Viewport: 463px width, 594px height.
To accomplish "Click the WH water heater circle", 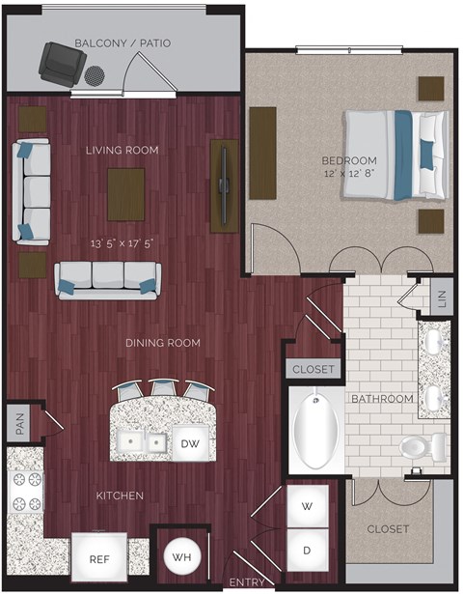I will pos(181,556).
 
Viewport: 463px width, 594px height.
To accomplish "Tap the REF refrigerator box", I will pos(99,558).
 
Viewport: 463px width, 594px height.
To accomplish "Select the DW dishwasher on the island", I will pos(189,442).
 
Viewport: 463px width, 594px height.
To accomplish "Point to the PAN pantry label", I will pos(18,422).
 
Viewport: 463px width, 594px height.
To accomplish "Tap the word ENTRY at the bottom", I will pos(248,582).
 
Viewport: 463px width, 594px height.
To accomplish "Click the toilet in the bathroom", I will pos(423,446).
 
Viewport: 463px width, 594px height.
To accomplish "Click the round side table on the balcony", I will pos(95,74).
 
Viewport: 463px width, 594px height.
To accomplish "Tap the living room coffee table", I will pos(126,193).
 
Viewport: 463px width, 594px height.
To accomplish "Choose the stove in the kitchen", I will pos(26,492).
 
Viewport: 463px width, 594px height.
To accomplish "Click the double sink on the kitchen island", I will pos(141,442).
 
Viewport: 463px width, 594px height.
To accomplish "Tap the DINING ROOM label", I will pos(162,343).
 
